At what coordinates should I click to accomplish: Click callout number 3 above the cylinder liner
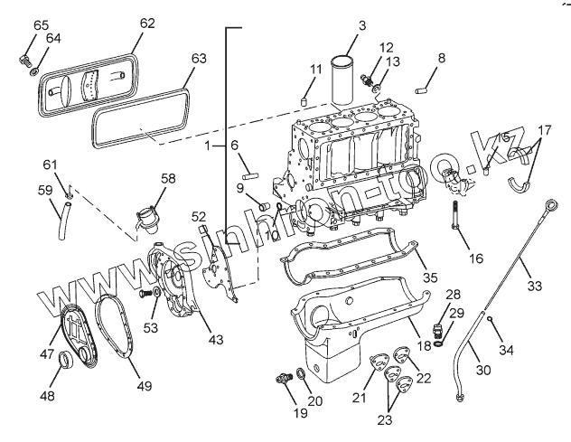pyautogui.click(x=360, y=26)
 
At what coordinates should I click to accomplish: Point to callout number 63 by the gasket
pyautogui.click(x=199, y=59)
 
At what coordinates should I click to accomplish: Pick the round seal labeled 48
pyautogui.click(x=65, y=363)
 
